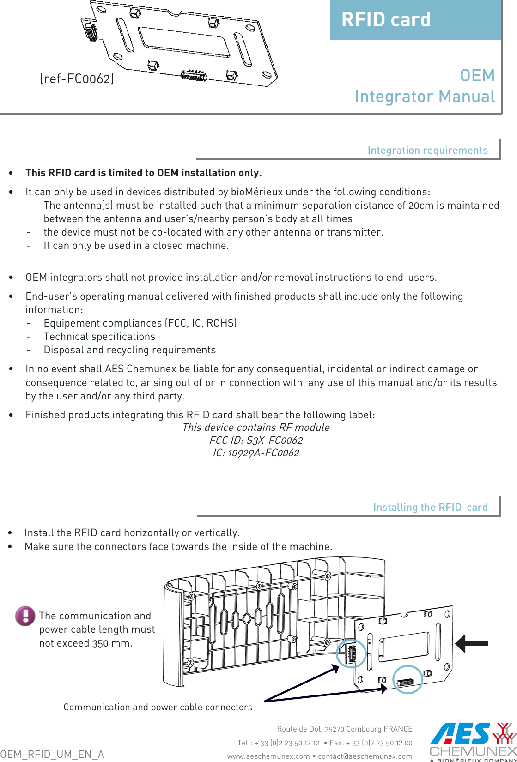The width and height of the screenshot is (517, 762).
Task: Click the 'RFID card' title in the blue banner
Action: [386, 20]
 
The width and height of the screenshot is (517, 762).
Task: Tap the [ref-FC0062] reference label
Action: [77, 79]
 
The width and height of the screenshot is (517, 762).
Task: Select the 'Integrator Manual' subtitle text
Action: [425, 97]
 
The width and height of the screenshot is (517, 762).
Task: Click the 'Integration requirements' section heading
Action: [427, 150]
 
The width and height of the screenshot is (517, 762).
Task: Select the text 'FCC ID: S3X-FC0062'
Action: [256, 440]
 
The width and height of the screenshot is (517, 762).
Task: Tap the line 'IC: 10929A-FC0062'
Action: [256, 453]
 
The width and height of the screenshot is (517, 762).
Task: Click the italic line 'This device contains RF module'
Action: [256, 427]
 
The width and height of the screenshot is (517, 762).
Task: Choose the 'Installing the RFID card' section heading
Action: [430, 507]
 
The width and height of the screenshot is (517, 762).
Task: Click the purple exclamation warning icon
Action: [25, 616]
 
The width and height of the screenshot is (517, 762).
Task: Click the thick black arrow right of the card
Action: [471, 643]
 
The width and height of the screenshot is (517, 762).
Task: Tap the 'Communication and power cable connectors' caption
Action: [158, 707]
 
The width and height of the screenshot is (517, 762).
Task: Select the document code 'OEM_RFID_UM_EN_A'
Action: [52, 754]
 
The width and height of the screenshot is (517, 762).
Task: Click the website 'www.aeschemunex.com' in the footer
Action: [268, 756]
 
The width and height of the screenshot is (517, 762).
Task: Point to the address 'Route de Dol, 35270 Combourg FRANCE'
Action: [345, 729]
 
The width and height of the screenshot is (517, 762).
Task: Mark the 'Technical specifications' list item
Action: [99, 337]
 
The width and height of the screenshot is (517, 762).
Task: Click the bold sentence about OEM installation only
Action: [144, 173]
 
